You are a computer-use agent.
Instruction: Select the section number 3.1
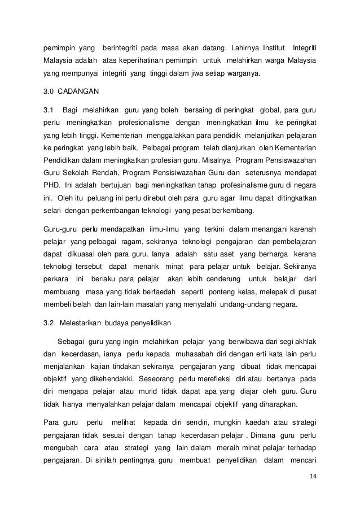(49, 108)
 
